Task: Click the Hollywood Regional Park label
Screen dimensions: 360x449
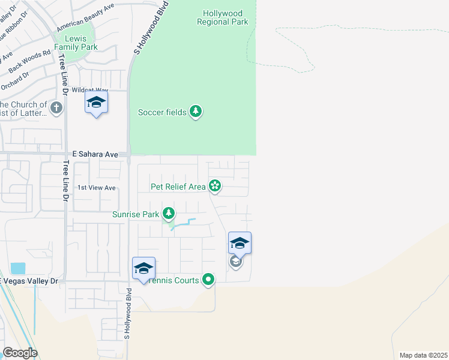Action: click(x=222, y=17)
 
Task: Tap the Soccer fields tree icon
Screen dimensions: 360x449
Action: click(x=196, y=112)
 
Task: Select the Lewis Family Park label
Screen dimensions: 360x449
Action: click(x=76, y=42)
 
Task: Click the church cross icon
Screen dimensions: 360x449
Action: click(x=56, y=108)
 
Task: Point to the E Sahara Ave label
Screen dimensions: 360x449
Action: click(x=95, y=154)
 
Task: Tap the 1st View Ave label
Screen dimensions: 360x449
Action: click(x=97, y=188)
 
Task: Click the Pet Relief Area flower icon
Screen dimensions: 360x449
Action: click(x=215, y=187)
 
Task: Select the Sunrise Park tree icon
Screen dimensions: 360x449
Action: click(x=169, y=214)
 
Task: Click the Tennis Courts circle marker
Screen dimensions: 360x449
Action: click(x=208, y=280)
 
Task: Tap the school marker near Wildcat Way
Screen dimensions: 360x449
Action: click(x=96, y=103)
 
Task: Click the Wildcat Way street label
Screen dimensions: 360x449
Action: click(x=86, y=90)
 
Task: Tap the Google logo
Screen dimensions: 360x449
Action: click(x=20, y=353)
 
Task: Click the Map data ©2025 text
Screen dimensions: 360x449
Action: click(x=423, y=355)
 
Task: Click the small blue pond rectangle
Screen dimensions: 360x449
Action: click(x=18, y=269)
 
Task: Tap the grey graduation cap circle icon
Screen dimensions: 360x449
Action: click(x=236, y=262)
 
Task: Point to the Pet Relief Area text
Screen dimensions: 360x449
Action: click(x=178, y=187)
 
